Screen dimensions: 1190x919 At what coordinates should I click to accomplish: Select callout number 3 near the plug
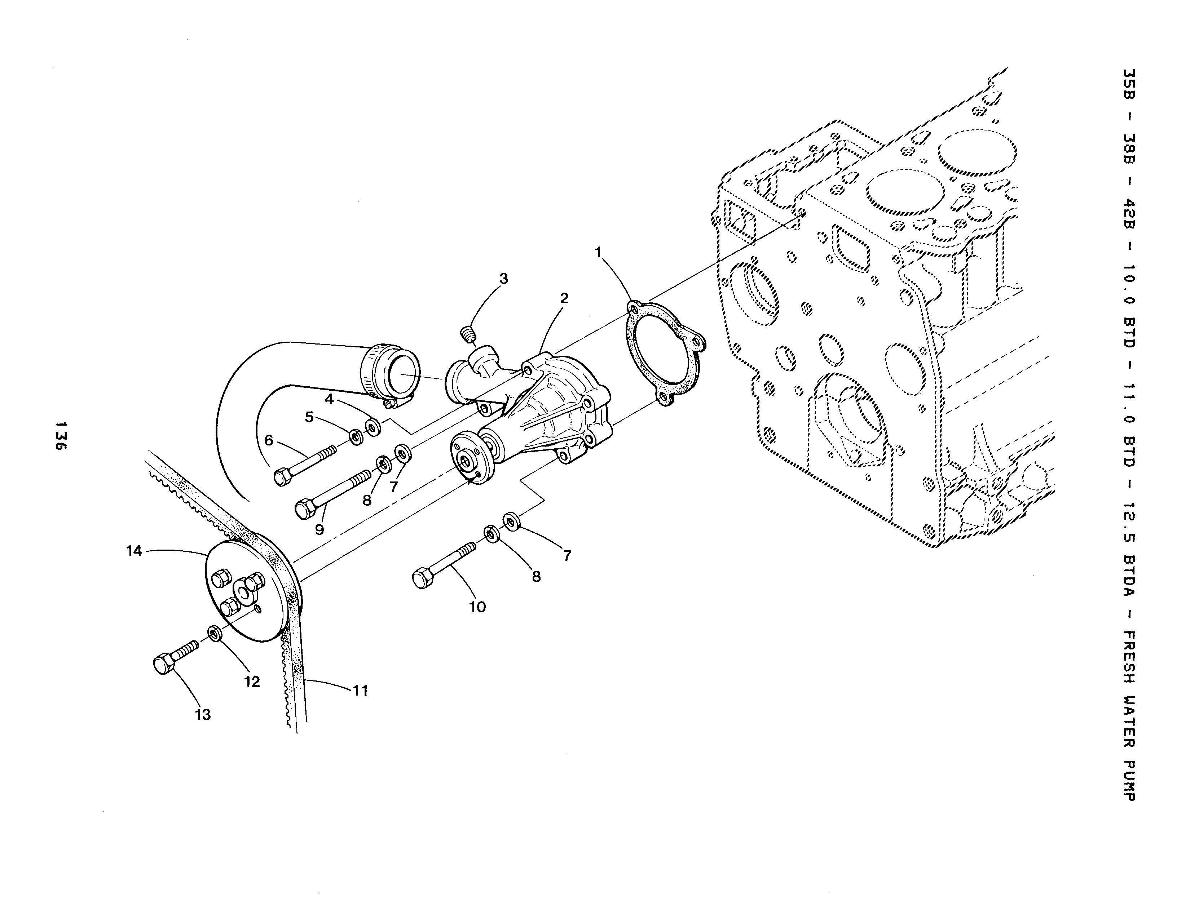coord(503,279)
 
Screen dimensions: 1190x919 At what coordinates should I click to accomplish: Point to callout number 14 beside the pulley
coord(134,551)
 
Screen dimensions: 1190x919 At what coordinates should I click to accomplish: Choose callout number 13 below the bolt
coord(203,715)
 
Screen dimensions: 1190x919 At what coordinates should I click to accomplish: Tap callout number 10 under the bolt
coord(477,607)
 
